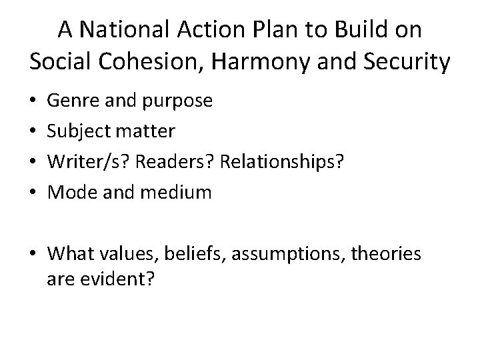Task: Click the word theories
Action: tap(393, 255)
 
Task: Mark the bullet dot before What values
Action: tap(33, 255)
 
